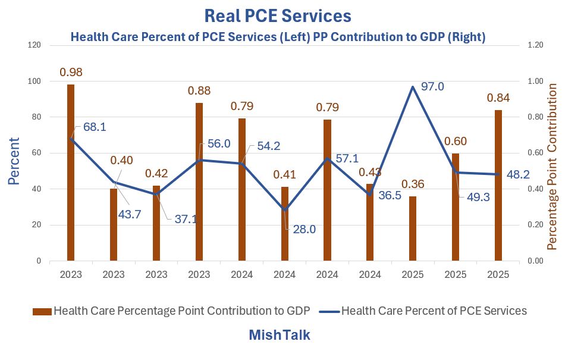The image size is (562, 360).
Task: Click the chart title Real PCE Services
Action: click(x=278, y=15)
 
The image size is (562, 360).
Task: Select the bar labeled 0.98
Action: click(x=71, y=173)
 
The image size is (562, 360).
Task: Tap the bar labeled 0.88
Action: click(x=199, y=181)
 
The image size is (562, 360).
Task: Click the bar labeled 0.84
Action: click(x=498, y=185)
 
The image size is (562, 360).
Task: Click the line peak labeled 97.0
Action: click(x=413, y=87)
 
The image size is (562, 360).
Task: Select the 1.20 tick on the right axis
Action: click(x=535, y=45)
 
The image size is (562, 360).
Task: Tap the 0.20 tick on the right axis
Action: click(x=535, y=225)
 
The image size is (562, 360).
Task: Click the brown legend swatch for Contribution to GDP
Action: click(x=42, y=311)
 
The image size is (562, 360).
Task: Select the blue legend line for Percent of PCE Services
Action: click(x=329, y=311)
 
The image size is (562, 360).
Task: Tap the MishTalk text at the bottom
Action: click(x=280, y=335)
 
